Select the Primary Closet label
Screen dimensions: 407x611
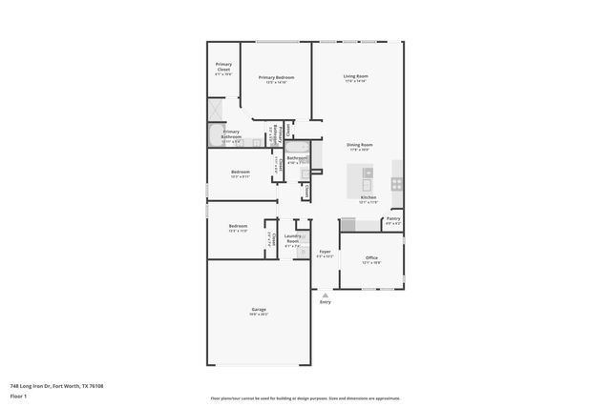pyautogui.click(x=223, y=68)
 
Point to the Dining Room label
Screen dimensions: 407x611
pyautogui.click(x=360, y=146)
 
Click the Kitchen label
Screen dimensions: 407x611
pyautogui.click(x=369, y=199)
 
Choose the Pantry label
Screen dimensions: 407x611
pyautogui.click(x=393, y=220)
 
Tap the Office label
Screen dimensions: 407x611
pyautogui.click(x=372, y=258)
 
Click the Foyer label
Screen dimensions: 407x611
pyautogui.click(x=326, y=253)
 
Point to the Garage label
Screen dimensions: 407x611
pyautogui.click(x=259, y=311)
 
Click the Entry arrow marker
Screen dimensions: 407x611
pyautogui.click(x=326, y=295)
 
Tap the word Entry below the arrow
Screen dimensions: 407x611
pyautogui.click(x=326, y=303)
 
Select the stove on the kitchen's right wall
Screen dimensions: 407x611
pyautogui.click(x=397, y=182)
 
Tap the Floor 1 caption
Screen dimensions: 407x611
pyautogui.click(x=18, y=396)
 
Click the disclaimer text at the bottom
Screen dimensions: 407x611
pyautogui.click(x=305, y=398)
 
